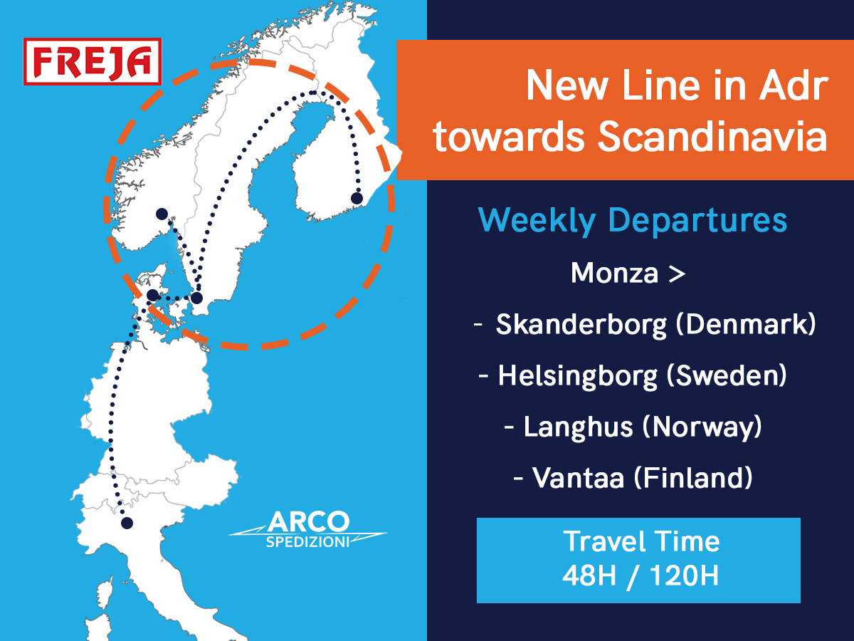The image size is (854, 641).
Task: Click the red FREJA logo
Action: pyautogui.click(x=93, y=61)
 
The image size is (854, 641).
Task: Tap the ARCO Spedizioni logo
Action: pyautogui.click(x=308, y=529)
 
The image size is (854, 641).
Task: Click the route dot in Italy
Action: pyautogui.click(x=127, y=523)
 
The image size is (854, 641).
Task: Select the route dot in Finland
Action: pyautogui.click(x=357, y=199)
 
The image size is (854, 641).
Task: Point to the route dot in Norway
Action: pyautogui.click(x=162, y=214)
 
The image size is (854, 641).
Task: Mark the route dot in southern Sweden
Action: pyautogui.click(x=197, y=298)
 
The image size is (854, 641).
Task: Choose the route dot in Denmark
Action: pyautogui.click(x=153, y=296)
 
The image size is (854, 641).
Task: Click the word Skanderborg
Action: pyautogui.click(x=581, y=325)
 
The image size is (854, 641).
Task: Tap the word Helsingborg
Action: pyautogui.click(x=578, y=376)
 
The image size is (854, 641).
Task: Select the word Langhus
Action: pyautogui.click(x=579, y=427)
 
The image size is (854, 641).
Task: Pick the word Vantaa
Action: pyautogui.click(x=579, y=477)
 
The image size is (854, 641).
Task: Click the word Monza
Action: pyautogui.click(x=615, y=273)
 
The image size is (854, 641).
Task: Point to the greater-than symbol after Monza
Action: pyautogui.click(x=677, y=274)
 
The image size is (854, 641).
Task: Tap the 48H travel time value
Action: pyautogui.click(x=589, y=575)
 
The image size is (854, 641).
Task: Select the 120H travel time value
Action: pyautogui.click(x=685, y=575)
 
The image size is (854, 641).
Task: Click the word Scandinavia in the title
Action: pyautogui.click(x=712, y=137)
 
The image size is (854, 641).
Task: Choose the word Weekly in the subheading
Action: pyautogui.click(x=537, y=221)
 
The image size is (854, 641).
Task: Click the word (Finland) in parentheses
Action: pyautogui.click(x=693, y=479)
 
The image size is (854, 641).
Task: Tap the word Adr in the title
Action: pyautogui.click(x=794, y=85)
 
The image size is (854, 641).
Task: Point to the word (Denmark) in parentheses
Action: pyautogui.click(x=746, y=324)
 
